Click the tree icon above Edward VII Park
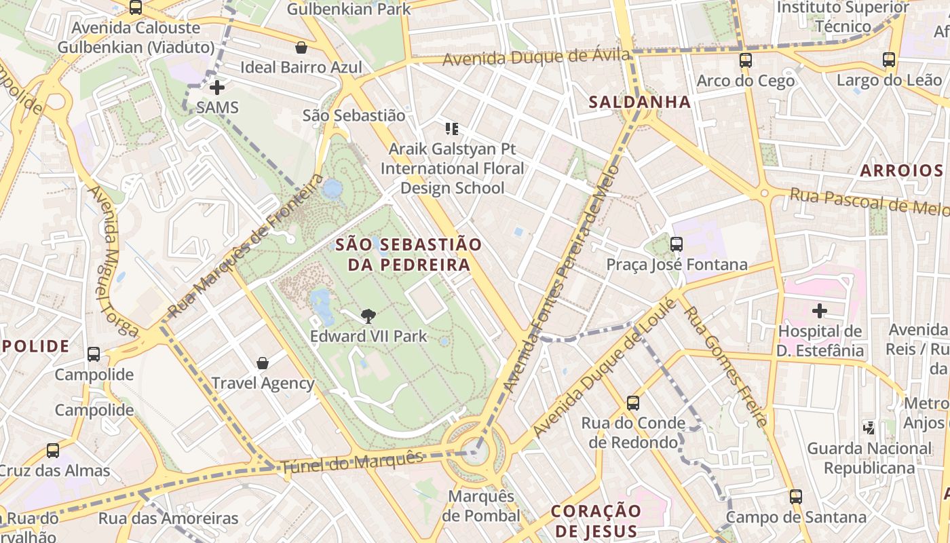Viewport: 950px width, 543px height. coord(368,315)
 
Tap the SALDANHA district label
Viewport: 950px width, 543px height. coord(639,102)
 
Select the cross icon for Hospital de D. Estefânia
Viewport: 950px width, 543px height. coord(820,311)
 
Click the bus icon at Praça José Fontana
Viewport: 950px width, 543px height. coord(677,244)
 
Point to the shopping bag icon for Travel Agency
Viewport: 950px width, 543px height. coord(263,363)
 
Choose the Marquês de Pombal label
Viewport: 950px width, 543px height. coord(481,506)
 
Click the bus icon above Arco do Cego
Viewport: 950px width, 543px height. coord(746,60)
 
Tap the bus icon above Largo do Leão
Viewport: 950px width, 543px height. coord(889,60)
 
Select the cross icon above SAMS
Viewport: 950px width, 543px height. coord(217,88)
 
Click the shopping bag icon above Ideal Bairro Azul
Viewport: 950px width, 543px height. coord(301,48)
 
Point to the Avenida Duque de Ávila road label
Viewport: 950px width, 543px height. coord(536,57)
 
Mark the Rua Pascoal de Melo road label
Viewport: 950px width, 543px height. coord(869,202)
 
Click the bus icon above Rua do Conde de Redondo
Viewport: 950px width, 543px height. coord(633,403)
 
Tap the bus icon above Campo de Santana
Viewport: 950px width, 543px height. coord(796,497)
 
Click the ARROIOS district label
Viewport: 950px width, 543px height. coord(902,170)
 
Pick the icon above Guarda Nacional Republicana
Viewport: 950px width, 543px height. coord(869,428)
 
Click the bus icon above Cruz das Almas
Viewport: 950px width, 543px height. coord(53,450)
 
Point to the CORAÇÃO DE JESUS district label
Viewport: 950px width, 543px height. coord(596,521)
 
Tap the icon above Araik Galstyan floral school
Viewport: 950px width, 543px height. coord(452,128)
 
